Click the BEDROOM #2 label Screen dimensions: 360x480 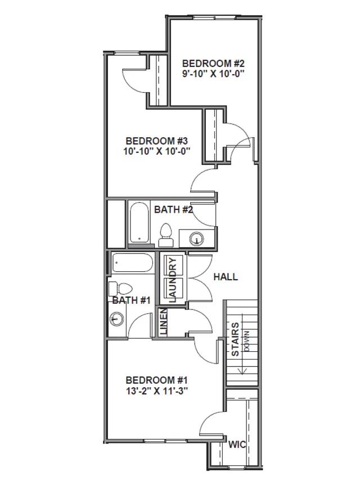213,64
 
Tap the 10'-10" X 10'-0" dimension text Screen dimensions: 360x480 157,151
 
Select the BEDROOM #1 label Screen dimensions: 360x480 156,380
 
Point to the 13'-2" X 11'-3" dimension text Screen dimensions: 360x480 156,391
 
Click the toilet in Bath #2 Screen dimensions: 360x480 165,235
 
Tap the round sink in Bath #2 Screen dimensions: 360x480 196,238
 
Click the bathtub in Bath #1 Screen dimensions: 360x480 132,263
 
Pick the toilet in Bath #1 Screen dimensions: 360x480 120,289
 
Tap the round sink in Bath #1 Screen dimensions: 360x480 116,319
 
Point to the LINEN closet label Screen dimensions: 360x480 164,321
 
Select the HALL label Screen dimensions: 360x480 226,277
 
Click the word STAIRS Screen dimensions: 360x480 235,339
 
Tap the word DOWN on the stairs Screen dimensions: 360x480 246,340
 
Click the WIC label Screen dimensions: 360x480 237,445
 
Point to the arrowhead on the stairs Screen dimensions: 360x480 243,371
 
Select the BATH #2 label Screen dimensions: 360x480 174,210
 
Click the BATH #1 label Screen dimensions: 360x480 132,300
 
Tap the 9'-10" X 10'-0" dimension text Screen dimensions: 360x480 213,74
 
